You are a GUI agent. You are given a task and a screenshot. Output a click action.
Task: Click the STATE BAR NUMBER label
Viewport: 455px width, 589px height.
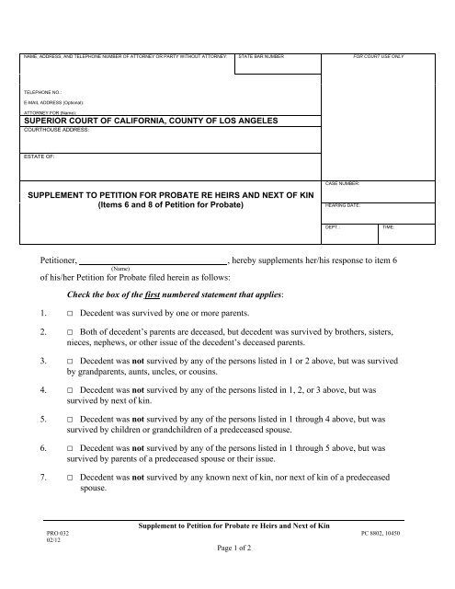point(262,57)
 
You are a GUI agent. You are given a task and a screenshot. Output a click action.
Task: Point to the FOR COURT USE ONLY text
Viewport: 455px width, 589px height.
point(379,57)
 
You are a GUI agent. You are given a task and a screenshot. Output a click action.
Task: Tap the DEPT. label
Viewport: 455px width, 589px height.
point(334,226)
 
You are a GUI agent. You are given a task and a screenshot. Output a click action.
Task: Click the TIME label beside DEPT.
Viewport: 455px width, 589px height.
point(388,226)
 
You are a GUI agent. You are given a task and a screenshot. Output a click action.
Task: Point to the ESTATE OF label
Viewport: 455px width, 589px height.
point(40,157)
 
